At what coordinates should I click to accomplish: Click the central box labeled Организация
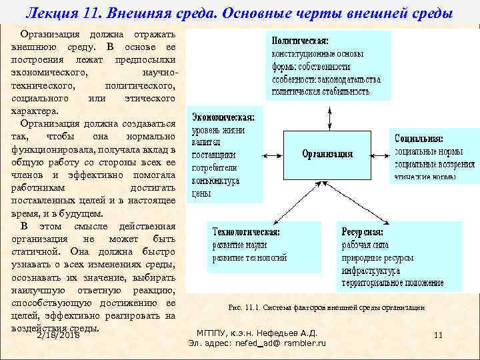[x=327, y=154]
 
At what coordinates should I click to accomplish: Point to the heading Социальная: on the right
[x=419, y=139]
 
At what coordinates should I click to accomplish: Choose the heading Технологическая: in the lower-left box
[x=246, y=232]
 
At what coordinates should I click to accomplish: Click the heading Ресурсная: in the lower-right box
[x=363, y=232]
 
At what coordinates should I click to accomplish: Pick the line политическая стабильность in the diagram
[x=320, y=91]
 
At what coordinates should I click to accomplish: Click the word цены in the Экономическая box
[x=201, y=193]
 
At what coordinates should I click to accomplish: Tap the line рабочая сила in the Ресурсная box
[x=363, y=245]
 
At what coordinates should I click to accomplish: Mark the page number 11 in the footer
[x=438, y=335]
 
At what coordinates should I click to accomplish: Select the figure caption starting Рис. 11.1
[x=326, y=307]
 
